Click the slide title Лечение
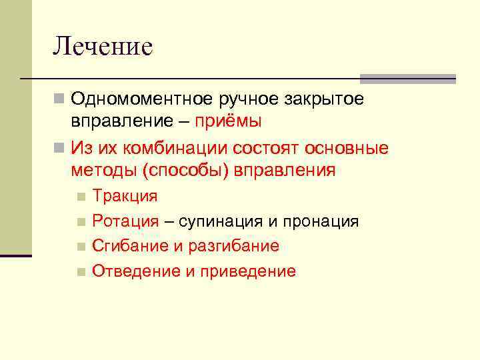pyautogui.click(x=103, y=46)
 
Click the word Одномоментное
pyautogui.click(x=141, y=100)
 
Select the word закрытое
pyautogui.click(x=324, y=100)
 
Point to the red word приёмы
pyautogui.click(x=229, y=122)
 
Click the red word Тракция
pyautogui.click(x=125, y=196)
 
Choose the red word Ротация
pyautogui.click(x=125, y=221)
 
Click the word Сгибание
pyautogui.click(x=129, y=246)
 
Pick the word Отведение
pyautogui.click(x=132, y=271)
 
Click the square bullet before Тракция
pyautogui.click(x=81, y=197)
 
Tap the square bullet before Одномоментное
pyautogui.click(x=59, y=100)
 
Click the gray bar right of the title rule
pyautogui.click(x=407, y=79)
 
